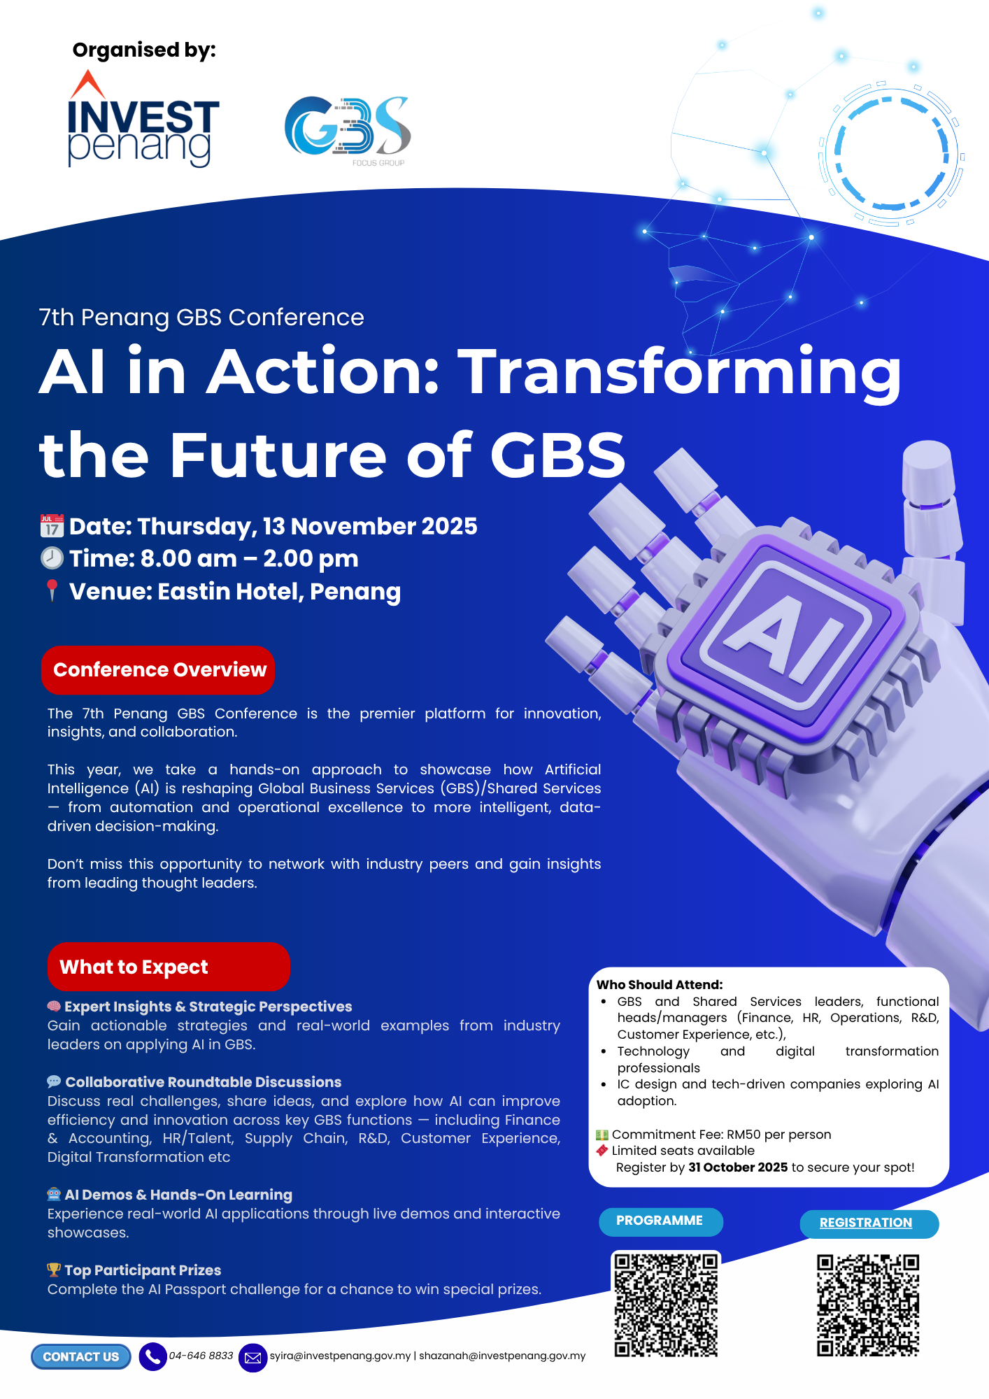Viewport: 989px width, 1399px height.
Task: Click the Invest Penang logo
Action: pyautogui.click(x=143, y=119)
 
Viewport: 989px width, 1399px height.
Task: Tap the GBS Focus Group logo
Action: pyautogui.click(x=348, y=130)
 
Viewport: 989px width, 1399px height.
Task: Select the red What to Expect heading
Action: pyautogui.click(x=169, y=967)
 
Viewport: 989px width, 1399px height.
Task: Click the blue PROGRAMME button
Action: pyautogui.click(x=660, y=1221)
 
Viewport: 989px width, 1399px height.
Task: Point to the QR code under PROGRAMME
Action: pyautogui.click(x=666, y=1305)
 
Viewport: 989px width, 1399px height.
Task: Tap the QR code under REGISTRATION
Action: pyautogui.click(x=868, y=1305)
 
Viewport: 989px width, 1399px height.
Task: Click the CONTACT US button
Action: pyautogui.click(x=81, y=1357)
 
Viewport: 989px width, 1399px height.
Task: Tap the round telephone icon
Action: pyautogui.click(x=152, y=1357)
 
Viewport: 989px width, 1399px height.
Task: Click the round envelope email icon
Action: pyautogui.click(x=253, y=1358)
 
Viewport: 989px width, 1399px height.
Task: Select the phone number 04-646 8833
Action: pyautogui.click(x=201, y=1356)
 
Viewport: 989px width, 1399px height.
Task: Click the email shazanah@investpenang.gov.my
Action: pyautogui.click(x=502, y=1356)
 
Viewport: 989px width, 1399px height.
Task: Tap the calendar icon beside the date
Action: pyautogui.click(x=52, y=526)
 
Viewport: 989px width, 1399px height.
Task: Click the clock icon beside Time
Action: pyautogui.click(x=52, y=558)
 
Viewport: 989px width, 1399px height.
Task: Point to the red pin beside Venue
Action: pyautogui.click(x=52, y=590)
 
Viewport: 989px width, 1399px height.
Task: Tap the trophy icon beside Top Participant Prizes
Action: pyautogui.click(x=54, y=1270)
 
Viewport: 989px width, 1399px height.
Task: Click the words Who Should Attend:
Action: pyautogui.click(x=660, y=985)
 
